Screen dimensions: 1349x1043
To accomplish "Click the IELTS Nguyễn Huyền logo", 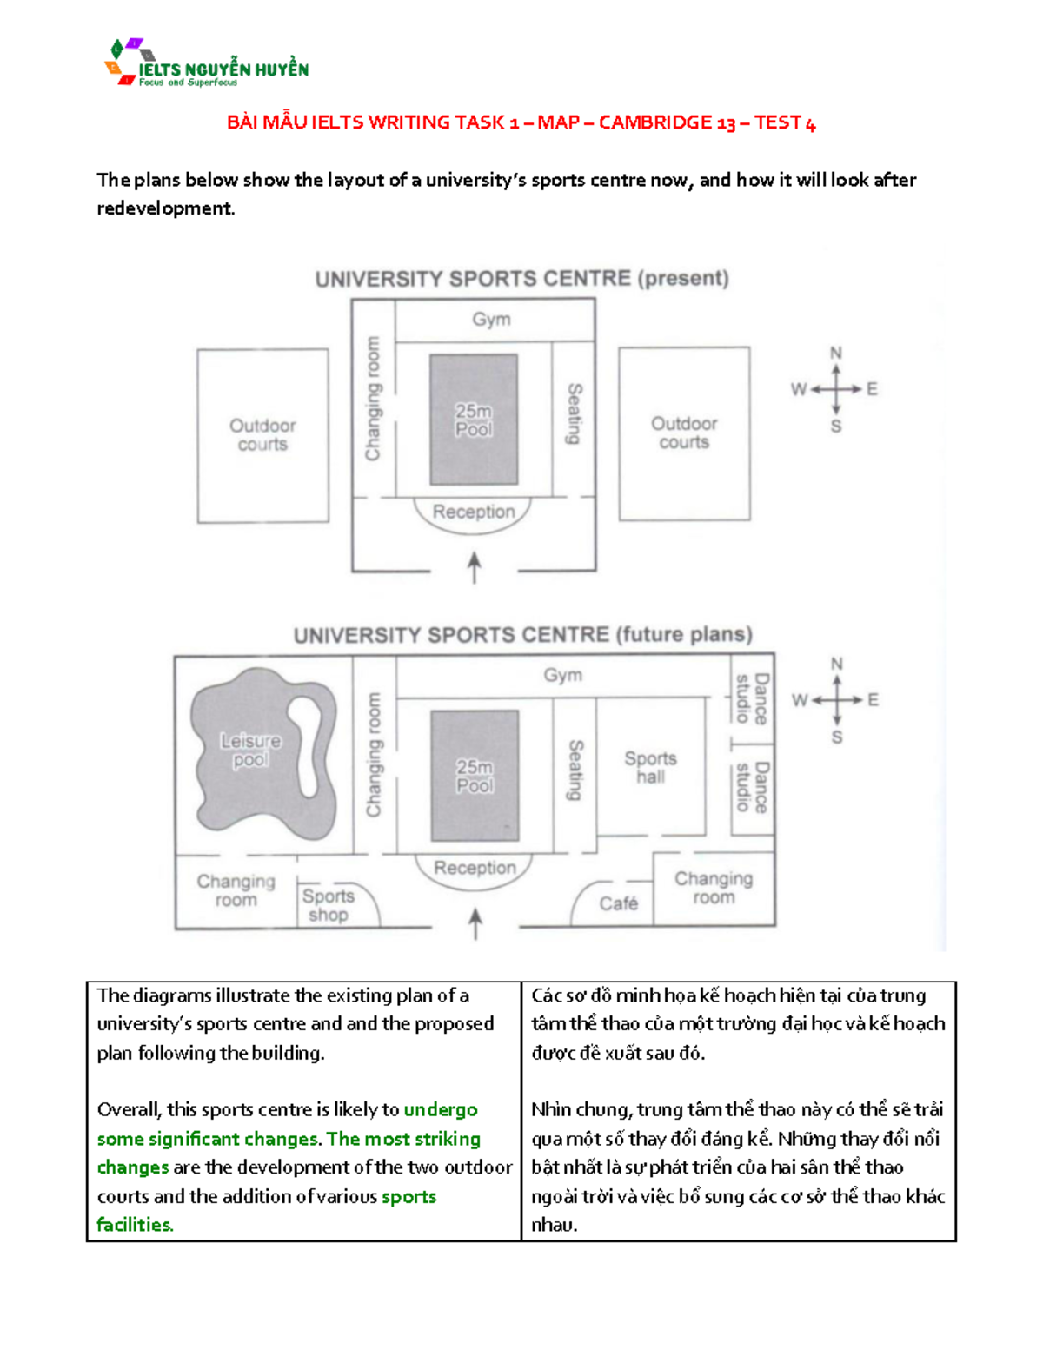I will [x=206, y=63].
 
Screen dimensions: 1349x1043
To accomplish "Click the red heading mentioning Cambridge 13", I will [x=521, y=122].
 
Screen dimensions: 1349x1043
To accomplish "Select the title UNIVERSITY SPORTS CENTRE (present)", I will [x=521, y=279].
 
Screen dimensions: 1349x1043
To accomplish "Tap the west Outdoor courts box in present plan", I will [x=262, y=435].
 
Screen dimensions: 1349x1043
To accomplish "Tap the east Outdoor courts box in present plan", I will [x=684, y=433].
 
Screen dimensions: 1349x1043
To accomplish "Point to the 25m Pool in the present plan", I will [x=474, y=420].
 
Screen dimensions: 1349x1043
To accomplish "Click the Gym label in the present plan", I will [x=492, y=320].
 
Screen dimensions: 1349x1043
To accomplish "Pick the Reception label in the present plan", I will [x=474, y=512].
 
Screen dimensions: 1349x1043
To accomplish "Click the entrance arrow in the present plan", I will [x=475, y=567].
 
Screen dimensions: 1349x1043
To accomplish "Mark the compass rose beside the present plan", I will [x=835, y=389].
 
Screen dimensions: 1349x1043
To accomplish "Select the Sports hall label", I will [x=650, y=767].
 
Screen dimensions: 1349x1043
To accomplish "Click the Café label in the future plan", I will [x=618, y=903].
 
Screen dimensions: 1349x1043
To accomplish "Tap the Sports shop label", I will [x=328, y=905].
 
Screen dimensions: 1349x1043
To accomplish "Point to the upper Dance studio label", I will [x=752, y=698].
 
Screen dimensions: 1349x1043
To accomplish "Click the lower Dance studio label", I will [x=752, y=787].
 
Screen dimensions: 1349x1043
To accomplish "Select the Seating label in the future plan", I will [x=575, y=770].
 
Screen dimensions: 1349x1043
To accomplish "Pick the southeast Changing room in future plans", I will [x=714, y=888].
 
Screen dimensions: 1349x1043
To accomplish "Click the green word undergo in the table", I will [x=441, y=1109].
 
